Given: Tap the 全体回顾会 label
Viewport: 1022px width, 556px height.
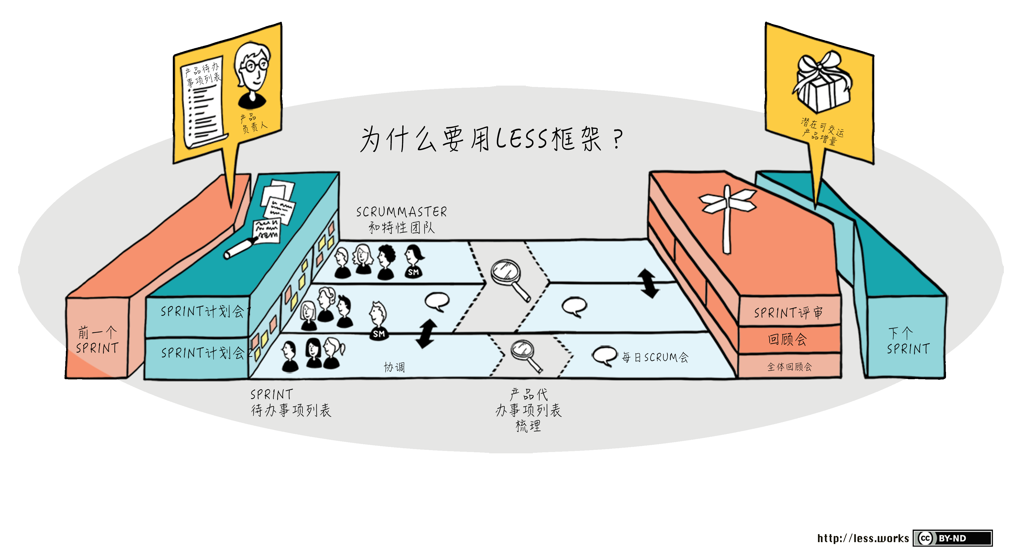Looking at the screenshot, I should point(789,367).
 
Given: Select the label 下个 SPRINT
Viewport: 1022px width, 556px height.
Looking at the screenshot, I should point(908,341).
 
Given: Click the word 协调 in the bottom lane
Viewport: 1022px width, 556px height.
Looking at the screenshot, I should point(394,367).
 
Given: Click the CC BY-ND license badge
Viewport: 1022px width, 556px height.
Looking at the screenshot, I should point(952,538).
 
